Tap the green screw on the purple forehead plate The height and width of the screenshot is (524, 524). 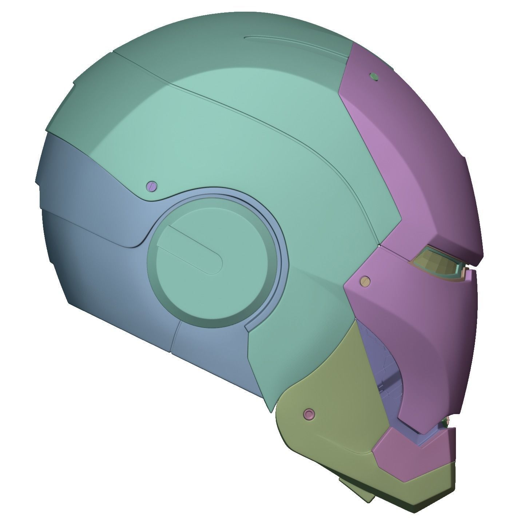tap(374, 76)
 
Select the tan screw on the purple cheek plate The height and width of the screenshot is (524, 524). tap(364, 280)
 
